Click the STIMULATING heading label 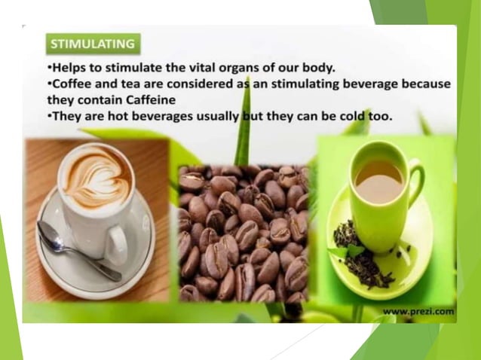point(92,44)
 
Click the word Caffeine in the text point(149,99)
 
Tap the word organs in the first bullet point(228,67)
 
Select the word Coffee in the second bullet point(72,84)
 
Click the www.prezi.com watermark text point(418,310)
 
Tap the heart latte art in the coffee point(91,179)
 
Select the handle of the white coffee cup point(118,244)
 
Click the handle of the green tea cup point(417,185)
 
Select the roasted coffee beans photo point(243,233)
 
